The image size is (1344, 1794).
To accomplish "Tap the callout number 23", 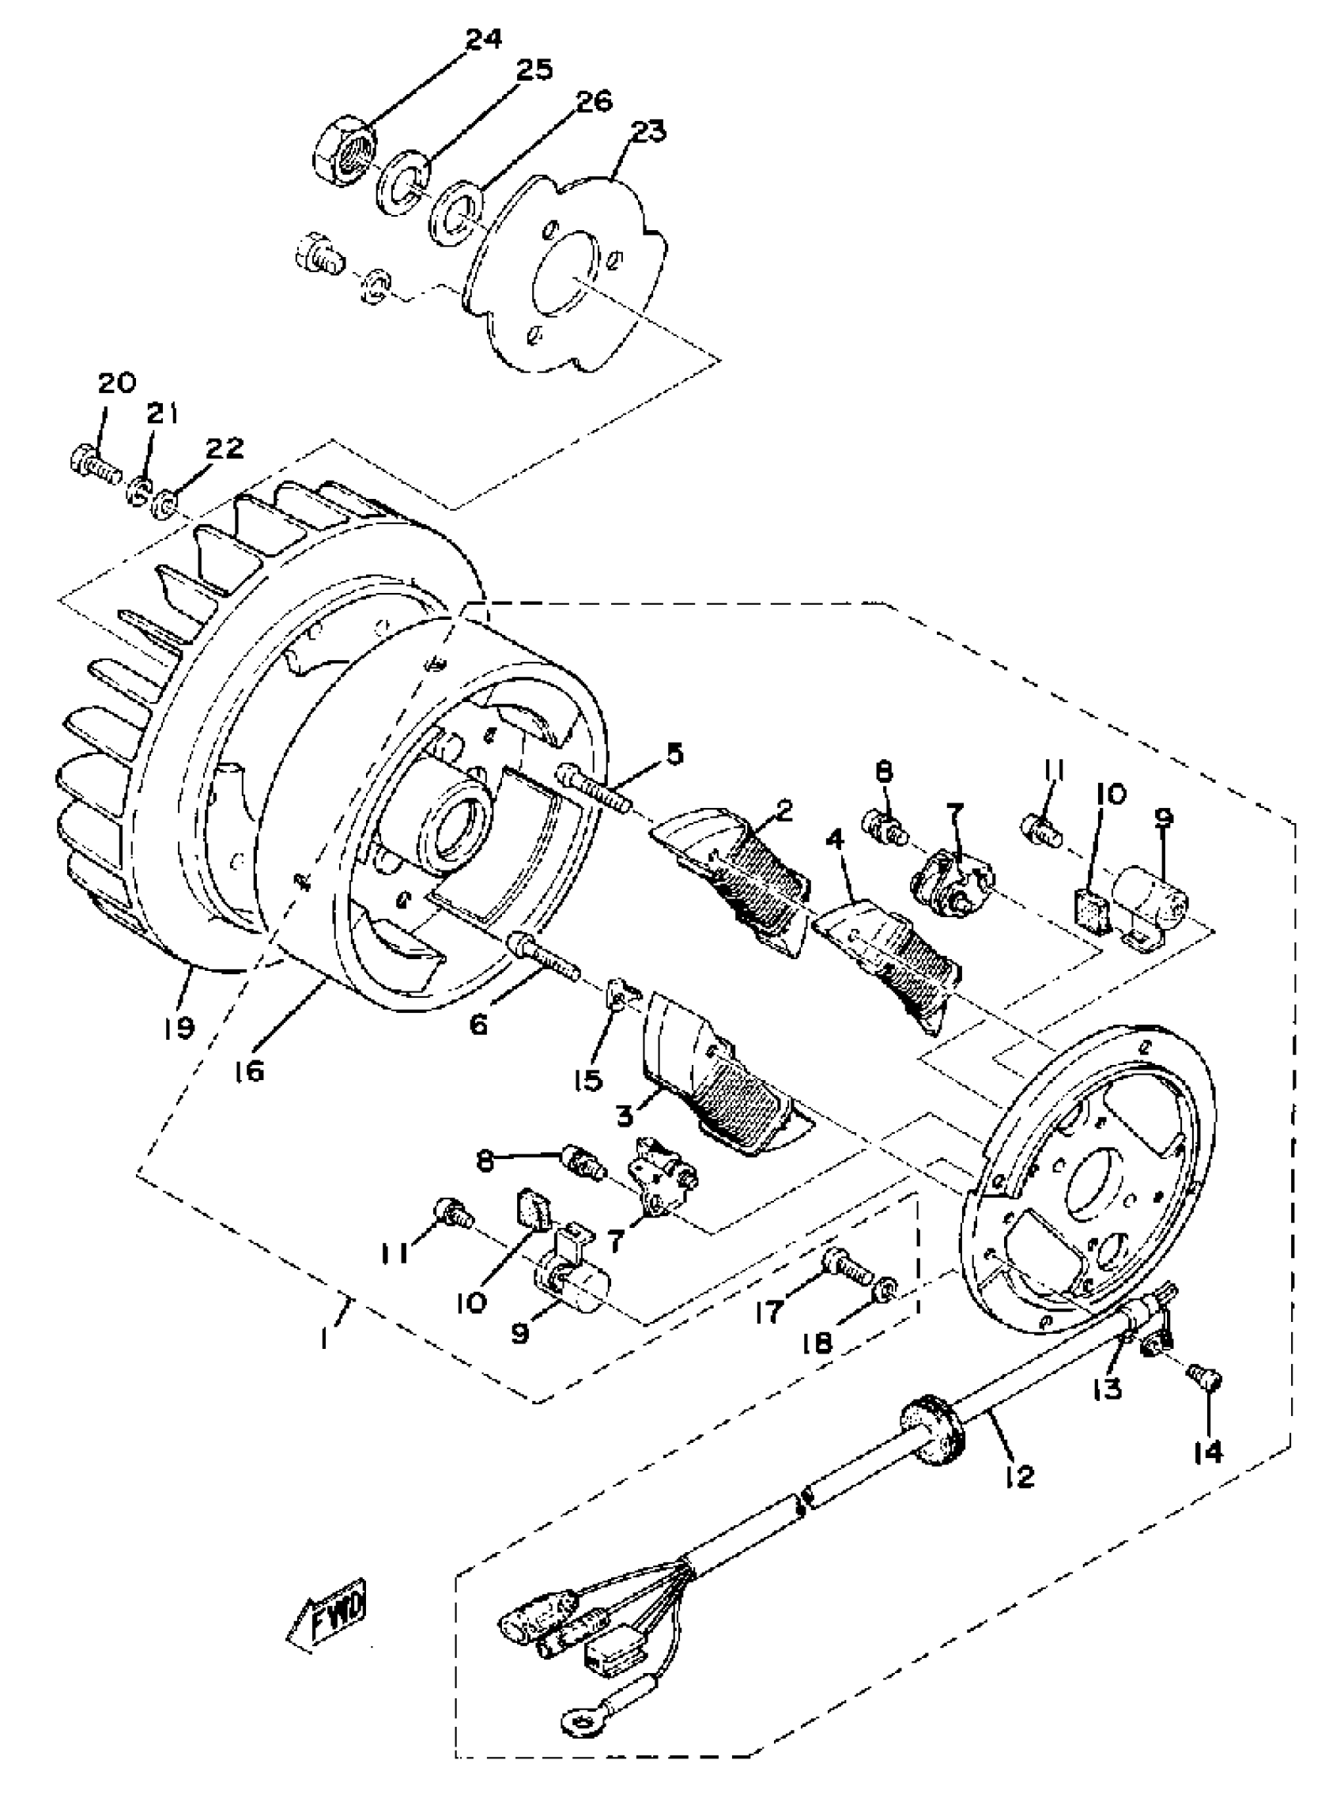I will (x=647, y=130).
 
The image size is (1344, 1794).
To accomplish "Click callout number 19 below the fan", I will (x=179, y=1028).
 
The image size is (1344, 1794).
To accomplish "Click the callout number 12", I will (x=1020, y=1476).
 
